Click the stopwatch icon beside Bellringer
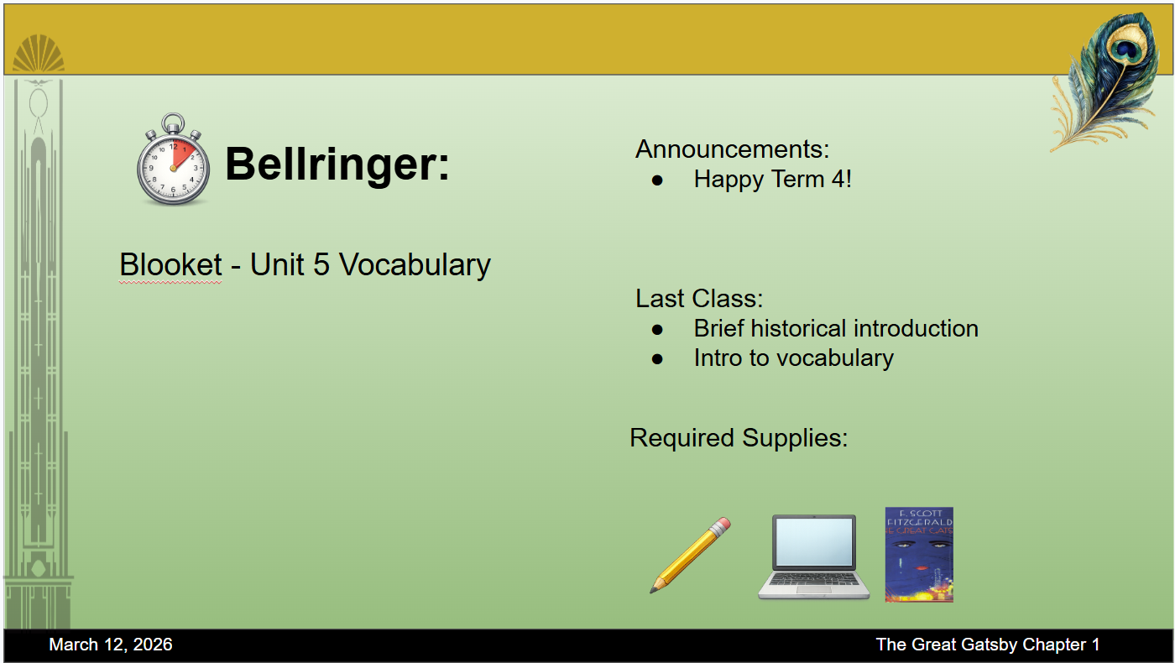[x=173, y=160]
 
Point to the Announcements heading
[x=732, y=149]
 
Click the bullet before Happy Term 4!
[x=657, y=181]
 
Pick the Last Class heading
[x=699, y=299]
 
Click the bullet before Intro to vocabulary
[x=657, y=359]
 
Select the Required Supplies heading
[x=739, y=438]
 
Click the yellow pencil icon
[x=690, y=555]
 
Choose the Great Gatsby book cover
[x=919, y=555]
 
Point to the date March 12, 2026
[x=111, y=645]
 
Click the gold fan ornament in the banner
[x=39, y=53]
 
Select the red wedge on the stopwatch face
[x=183, y=152]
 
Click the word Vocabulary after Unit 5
[x=415, y=265]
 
